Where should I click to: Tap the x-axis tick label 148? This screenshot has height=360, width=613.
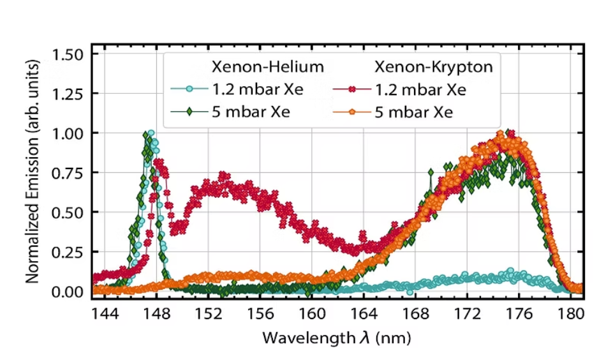coord(157,315)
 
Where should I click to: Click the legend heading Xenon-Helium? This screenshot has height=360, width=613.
coord(268,67)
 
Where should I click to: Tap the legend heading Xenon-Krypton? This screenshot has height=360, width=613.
coord(437,67)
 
